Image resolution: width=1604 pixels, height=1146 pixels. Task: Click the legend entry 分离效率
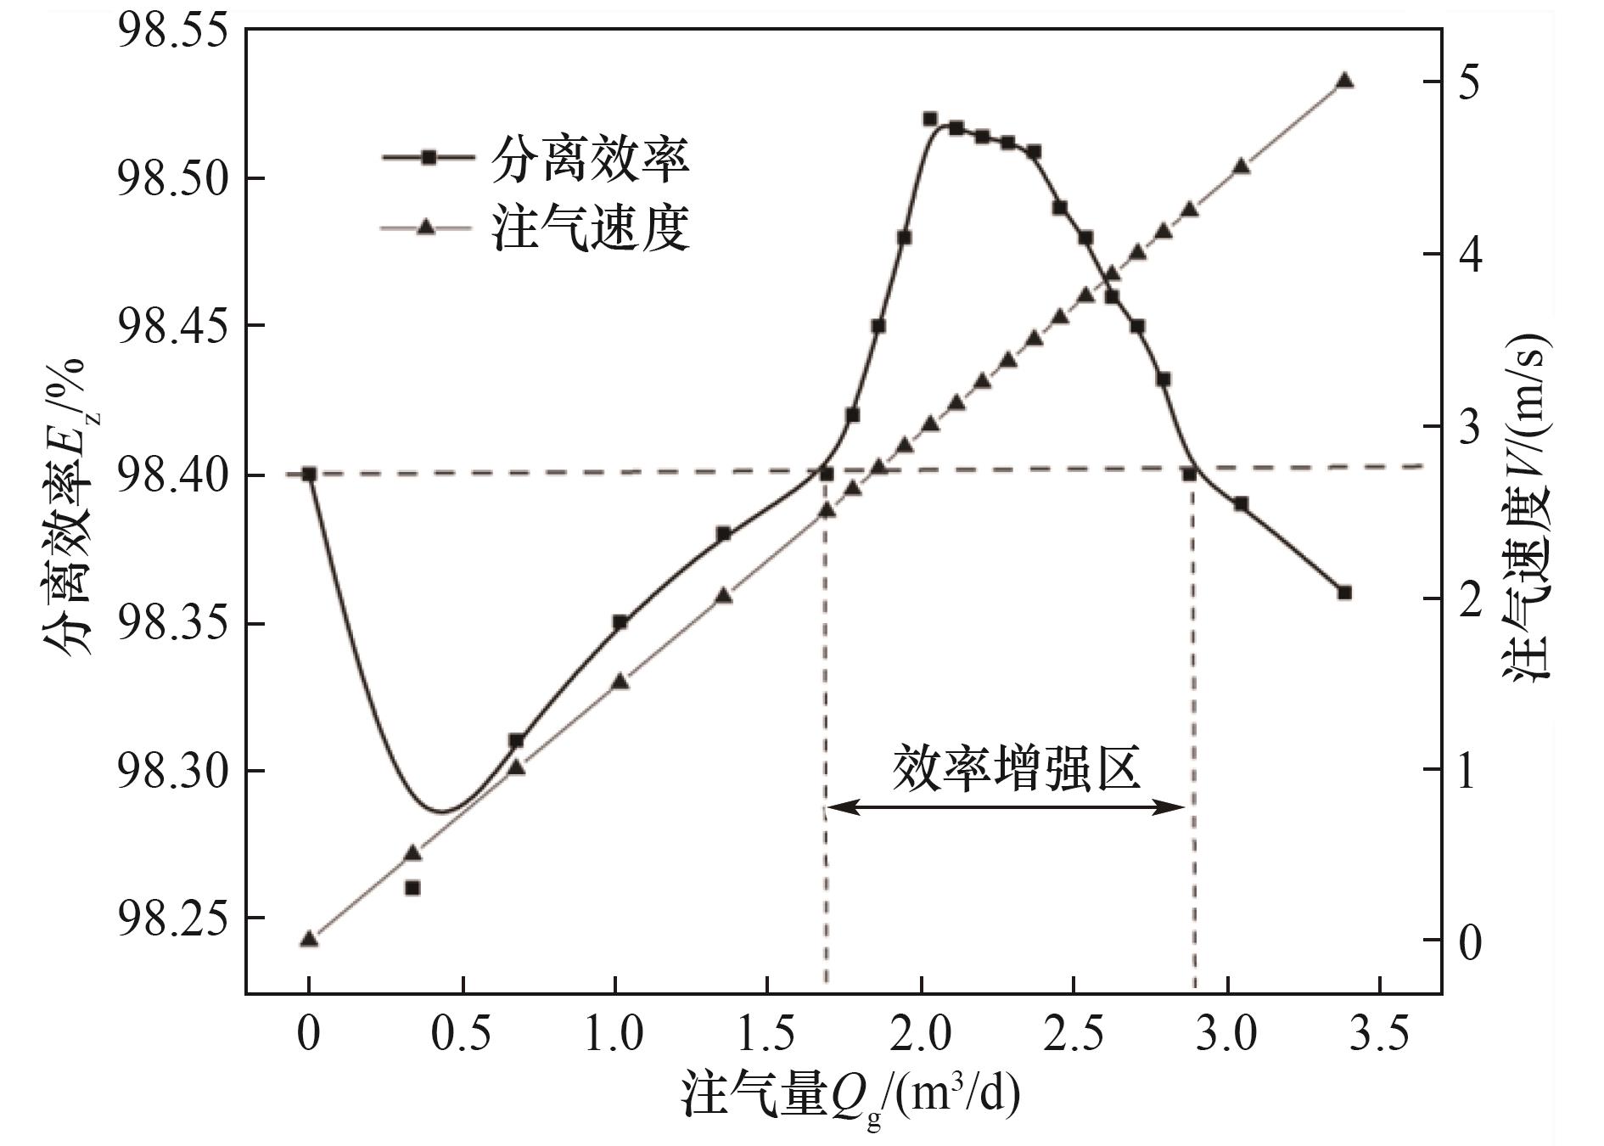pos(590,159)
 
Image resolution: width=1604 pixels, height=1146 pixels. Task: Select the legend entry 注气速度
pos(590,228)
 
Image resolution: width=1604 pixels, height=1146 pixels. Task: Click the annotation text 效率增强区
pos(1016,768)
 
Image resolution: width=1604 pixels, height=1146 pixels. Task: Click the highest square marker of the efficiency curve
pos(929,119)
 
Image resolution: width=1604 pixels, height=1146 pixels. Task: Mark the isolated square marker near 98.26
pos(412,888)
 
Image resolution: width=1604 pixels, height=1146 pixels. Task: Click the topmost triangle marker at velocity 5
pos(1344,81)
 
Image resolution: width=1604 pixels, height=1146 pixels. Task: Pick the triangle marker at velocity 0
pos(309,939)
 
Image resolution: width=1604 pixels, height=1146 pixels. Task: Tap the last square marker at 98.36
pos(1344,593)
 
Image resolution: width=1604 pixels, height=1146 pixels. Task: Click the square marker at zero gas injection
pos(309,474)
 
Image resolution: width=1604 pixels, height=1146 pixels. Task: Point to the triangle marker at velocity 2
pos(723,596)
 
